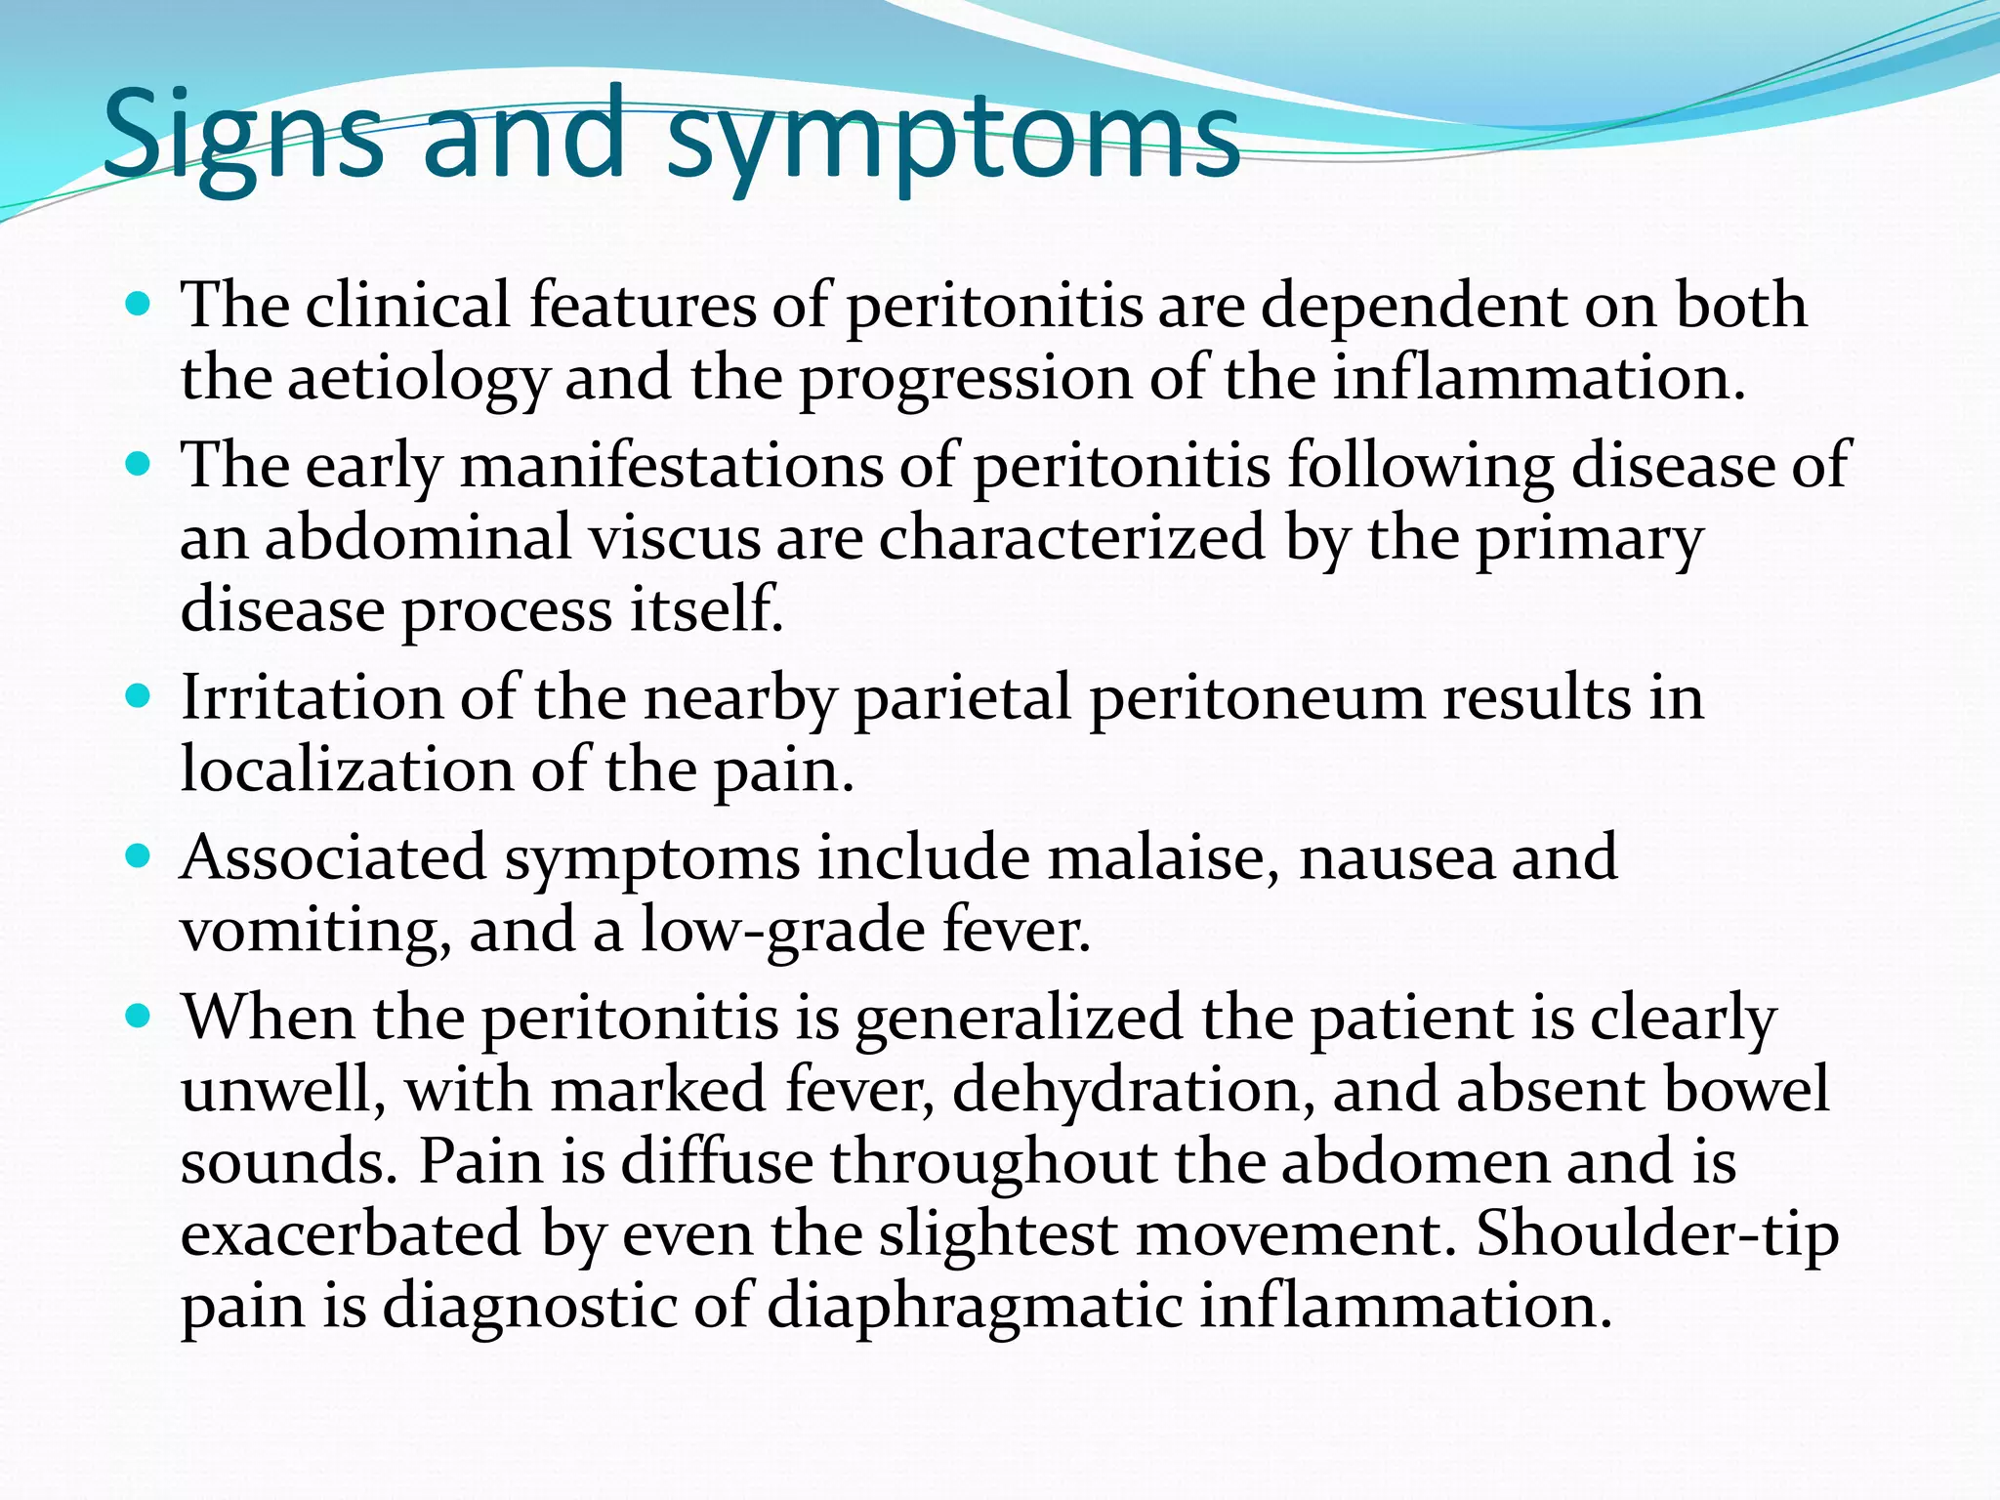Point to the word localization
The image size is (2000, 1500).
tap(347, 771)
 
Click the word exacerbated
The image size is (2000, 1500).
tap(351, 1234)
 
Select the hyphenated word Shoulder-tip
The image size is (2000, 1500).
tap(1656, 1234)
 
